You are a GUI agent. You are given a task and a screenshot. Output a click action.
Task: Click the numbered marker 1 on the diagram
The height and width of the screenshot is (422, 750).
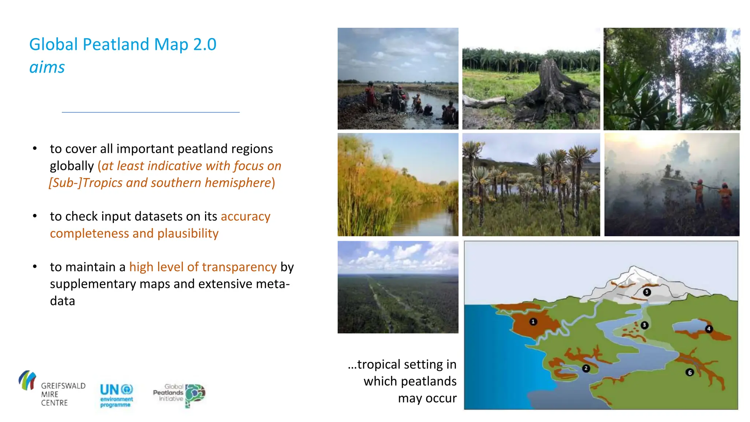coord(533,322)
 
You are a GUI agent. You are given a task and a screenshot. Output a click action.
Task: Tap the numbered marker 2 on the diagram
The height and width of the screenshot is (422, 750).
coord(586,368)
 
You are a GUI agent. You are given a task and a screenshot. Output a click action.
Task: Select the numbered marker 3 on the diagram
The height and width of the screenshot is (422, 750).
coord(645,325)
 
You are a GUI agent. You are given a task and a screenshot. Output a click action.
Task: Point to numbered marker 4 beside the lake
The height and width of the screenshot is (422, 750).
coord(709,329)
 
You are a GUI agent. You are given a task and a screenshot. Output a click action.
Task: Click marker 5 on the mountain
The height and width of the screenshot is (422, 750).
coord(647,292)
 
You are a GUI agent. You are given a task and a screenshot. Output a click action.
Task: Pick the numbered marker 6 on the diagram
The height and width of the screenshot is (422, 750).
coord(690,373)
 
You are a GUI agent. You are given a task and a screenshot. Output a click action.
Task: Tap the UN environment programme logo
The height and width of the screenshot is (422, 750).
coord(116,395)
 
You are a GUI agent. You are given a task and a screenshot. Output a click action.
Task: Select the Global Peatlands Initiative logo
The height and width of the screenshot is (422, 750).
coord(179,395)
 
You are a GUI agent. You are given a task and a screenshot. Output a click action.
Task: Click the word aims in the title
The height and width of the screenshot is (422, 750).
coord(47,67)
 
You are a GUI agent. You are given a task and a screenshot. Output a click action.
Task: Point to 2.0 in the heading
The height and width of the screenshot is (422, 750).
coord(205,44)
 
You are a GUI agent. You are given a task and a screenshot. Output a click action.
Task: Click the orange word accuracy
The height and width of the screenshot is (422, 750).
coord(245,216)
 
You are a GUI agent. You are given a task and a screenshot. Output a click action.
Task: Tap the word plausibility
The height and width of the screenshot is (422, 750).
coord(188,233)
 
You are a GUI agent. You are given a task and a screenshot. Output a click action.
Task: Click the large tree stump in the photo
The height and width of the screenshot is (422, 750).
coord(553,92)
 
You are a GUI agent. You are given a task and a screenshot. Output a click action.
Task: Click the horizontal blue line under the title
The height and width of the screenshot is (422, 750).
coord(151,112)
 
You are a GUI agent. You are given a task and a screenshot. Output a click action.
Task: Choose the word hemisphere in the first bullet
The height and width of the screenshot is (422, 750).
coord(238,182)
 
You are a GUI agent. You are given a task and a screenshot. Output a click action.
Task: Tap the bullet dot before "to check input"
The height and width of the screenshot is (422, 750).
coord(35,216)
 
